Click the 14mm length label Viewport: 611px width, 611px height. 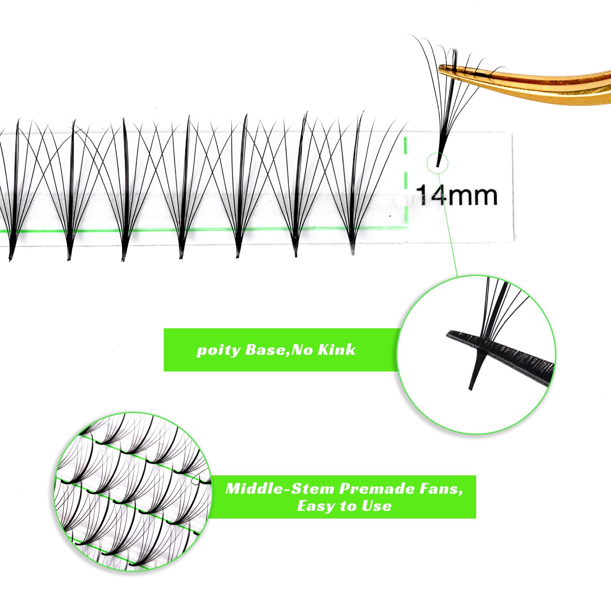457,195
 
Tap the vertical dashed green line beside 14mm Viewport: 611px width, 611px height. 406,189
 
